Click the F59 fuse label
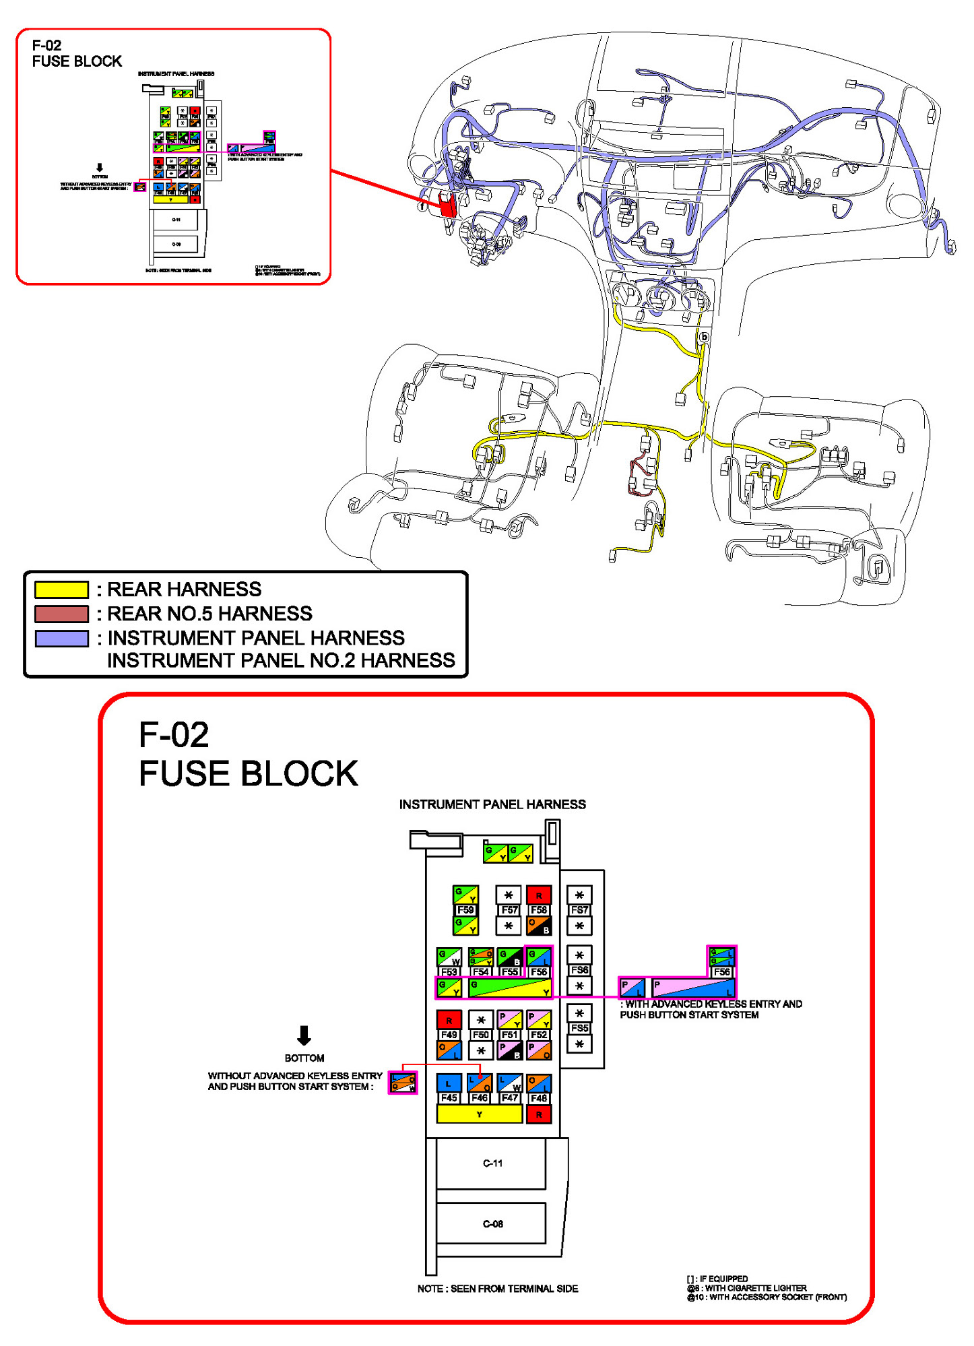point(465,909)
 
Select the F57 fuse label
point(509,909)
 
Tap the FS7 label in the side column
point(579,909)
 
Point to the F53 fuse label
point(449,971)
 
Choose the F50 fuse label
point(480,1035)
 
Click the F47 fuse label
point(510,1097)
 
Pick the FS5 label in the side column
point(579,1028)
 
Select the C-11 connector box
point(492,1163)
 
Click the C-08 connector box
point(492,1223)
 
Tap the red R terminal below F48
point(539,1115)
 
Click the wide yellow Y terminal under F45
point(479,1114)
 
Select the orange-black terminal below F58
point(539,926)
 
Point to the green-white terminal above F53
point(449,957)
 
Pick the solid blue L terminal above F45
point(449,1083)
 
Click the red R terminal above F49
point(449,1020)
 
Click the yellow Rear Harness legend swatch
point(61,589)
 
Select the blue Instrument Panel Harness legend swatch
point(61,638)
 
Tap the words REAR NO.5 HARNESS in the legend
point(209,614)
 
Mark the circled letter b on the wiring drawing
point(704,337)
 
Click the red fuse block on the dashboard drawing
point(447,203)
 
